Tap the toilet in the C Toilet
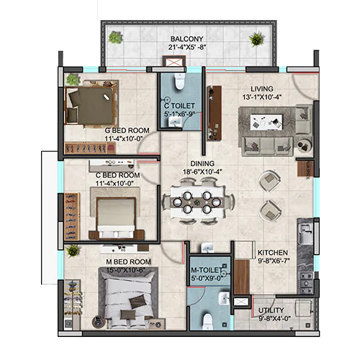[179, 81]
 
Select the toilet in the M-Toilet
[207, 322]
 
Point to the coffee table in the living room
[266, 122]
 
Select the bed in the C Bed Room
[116, 217]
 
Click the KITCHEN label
[273, 253]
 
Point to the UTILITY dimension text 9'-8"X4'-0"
[274, 318]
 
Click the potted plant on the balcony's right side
[257, 38]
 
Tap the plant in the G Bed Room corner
[73, 80]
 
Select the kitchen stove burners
[305, 282]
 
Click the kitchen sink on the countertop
[305, 233]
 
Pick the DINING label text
[202, 163]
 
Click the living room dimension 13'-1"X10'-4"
[262, 97]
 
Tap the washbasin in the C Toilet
[175, 121]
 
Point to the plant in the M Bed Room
[73, 251]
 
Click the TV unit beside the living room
[214, 113]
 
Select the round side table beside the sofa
[305, 145]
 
